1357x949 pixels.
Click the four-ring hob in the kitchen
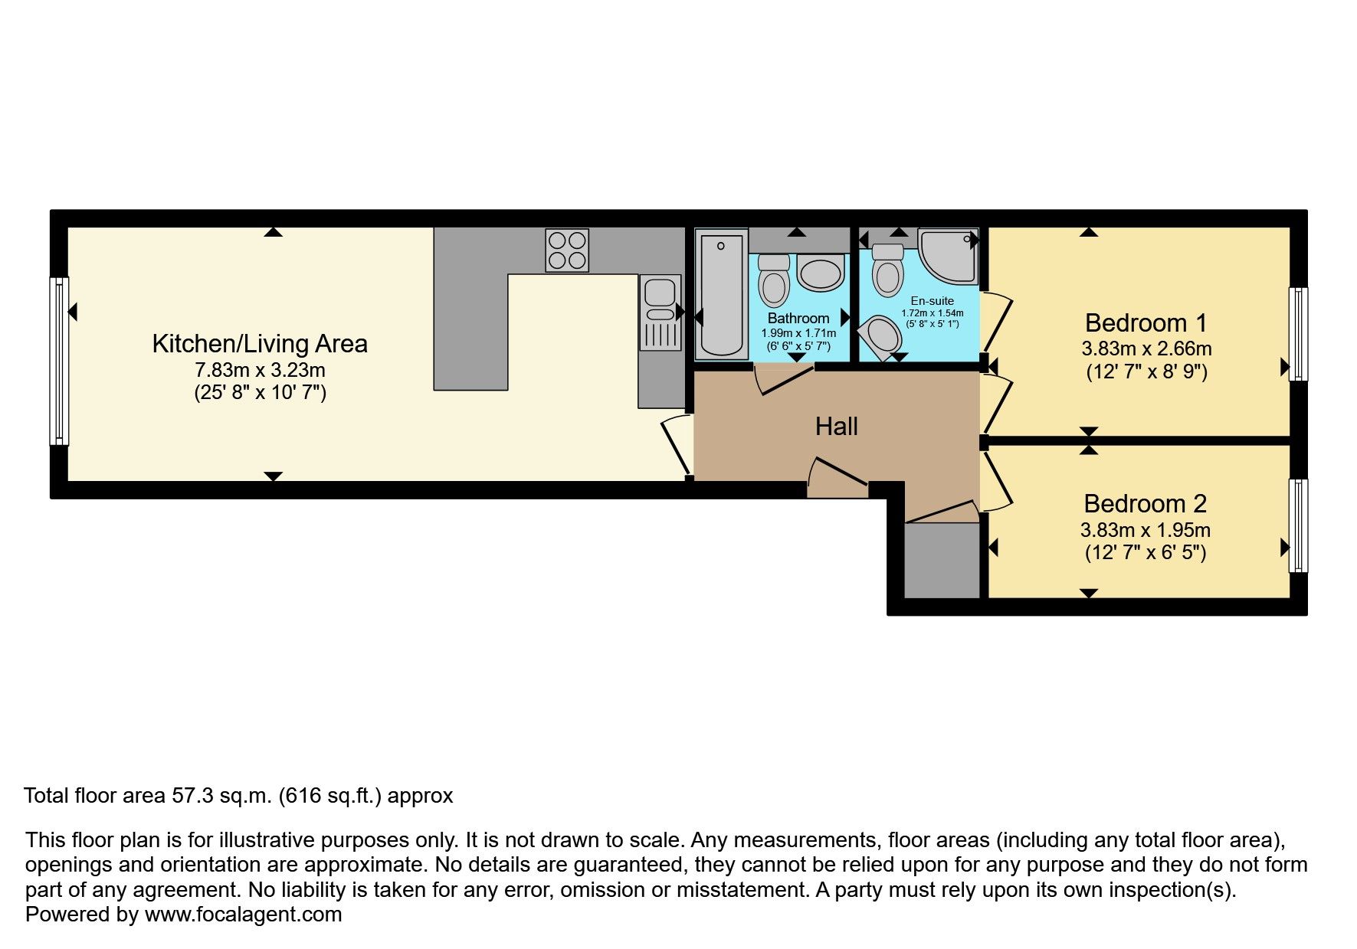(x=567, y=250)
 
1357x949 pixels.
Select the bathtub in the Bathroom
(x=721, y=294)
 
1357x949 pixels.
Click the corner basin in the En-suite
(x=880, y=339)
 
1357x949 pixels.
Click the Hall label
(x=836, y=427)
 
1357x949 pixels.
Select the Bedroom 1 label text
(x=1146, y=322)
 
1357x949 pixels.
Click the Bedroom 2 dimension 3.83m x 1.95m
(x=1146, y=529)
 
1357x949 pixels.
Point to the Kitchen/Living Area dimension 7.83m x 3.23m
(x=260, y=370)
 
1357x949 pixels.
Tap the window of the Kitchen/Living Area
(x=60, y=361)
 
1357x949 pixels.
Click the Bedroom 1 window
(x=1298, y=334)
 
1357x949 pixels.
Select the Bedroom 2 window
(x=1298, y=525)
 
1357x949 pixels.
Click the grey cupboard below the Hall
(x=942, y=561)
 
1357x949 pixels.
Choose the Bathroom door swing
(x=784, y=379)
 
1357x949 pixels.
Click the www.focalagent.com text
(x=243, y=915)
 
